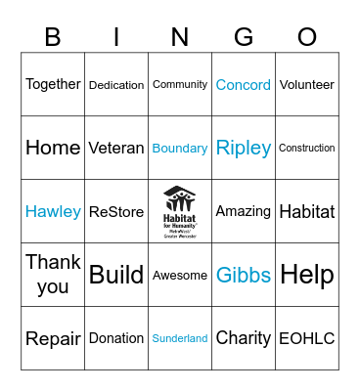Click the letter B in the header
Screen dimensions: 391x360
click(x=53, y=37)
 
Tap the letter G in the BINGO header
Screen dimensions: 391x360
click(x=244, y=37)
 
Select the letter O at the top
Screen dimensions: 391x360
click(x=307, y=37)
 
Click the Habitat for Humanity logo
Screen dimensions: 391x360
click(x=180, y=211)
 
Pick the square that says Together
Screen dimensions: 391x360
click(x=53, y=84)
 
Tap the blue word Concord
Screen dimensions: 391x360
click(x=244, y=85)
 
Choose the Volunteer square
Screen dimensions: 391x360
click(x=307, y=85)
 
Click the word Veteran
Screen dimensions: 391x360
click(x=116, y=149)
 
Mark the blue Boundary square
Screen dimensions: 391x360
click(x=180, y=149)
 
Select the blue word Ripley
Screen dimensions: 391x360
click(x=244, y=149)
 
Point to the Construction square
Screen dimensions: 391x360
click(x=307, y=149)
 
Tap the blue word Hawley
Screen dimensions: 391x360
click(x=53, y=212)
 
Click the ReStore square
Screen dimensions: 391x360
click(x=116, y=212)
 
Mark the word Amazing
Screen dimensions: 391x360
click(x=244, y=211)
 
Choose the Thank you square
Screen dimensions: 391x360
click(x=53, y=275)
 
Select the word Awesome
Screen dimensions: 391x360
click(x=180, y=276)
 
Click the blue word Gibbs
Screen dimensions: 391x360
click(x=244, y=276)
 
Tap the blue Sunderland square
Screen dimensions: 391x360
click(x=180, y=338)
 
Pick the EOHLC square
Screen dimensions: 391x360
click(x=307, y=339)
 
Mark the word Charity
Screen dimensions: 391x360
click(x=244, y=339)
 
